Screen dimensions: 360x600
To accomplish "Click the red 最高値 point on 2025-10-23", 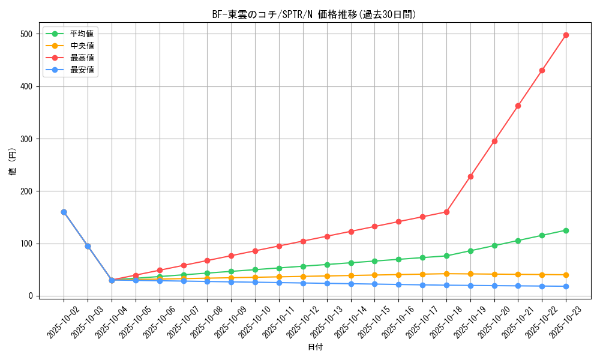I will coord(566,35).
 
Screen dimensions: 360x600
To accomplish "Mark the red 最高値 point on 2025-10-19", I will coord(470,176).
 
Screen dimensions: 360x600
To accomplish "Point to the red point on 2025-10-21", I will coord(518,106).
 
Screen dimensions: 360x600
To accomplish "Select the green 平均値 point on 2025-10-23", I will coord(566,230).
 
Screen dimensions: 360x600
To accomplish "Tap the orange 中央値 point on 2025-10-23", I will coord(566,275).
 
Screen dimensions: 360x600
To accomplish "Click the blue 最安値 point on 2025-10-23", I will coord(566,286).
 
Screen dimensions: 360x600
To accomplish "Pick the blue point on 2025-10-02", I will coord(64,212).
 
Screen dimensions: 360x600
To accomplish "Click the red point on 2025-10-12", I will coord(303,241).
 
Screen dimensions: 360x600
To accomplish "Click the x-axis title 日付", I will coord(315,347).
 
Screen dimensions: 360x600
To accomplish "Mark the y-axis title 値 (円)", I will coord(13,162).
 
